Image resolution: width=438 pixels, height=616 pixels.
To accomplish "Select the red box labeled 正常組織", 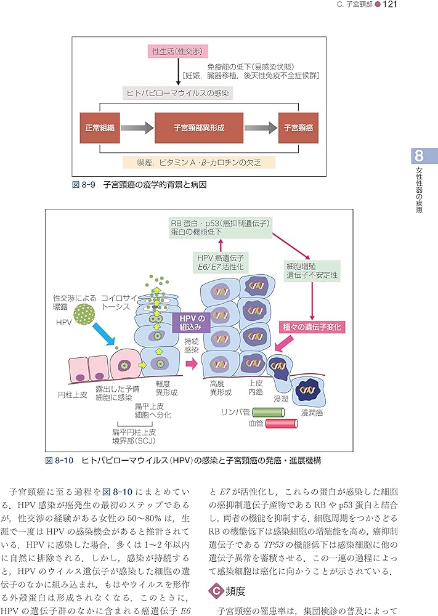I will point(101,129).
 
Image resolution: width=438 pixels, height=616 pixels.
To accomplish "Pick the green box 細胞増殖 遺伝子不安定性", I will point(311,270).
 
